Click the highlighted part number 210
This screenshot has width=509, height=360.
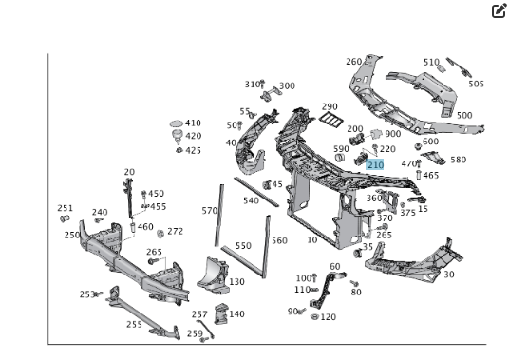[375, 165]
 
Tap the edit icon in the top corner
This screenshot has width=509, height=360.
[499, 10]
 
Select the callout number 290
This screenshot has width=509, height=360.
[330, 106]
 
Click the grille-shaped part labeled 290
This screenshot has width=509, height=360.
[331, 120]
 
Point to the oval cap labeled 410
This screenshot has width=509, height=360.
[177, 123]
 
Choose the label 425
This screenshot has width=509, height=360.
[193, 151]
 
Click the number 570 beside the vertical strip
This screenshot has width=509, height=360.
[209, 211]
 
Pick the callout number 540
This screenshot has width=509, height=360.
[252, 200]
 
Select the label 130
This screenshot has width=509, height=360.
[237, 282]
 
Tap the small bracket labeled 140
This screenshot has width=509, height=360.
[221, 313]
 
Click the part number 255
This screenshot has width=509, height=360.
[135, 324]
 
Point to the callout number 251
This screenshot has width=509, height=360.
[66, 208]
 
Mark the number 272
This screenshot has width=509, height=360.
[176, 231]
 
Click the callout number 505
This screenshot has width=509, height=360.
[476, 84]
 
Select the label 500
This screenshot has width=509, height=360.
[464, 115]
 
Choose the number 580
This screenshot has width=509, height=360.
[459, 160]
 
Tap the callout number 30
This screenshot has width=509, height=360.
[449, 275]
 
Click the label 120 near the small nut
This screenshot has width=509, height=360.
[329, 317]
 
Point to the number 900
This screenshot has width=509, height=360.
[393, 134]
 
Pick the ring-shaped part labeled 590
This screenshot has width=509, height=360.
[340, 158]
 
